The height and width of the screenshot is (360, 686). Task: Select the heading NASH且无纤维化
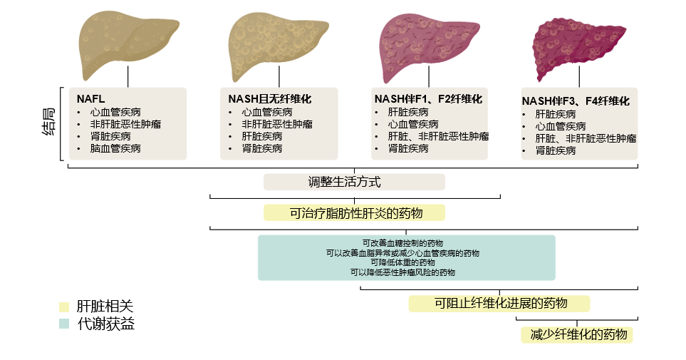[x=270, y=99]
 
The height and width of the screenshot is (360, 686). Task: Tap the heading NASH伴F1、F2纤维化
[x=429, y=98]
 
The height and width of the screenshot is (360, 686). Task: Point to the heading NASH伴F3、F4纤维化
[x=576, y=101]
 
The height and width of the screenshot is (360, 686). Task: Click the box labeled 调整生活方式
[x=354, y=182]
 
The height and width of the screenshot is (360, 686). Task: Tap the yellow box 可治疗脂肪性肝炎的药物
[x=354, y=212]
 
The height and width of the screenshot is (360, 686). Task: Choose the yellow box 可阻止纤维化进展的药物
[x=499, y=303]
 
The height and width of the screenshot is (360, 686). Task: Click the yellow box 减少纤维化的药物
[x=576, y=334]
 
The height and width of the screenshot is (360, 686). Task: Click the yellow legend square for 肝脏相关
[x=64, y=307]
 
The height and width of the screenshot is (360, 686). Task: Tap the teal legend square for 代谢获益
[x=64, y=324]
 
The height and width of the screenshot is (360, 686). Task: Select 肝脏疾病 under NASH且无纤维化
[x=262, y=136]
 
